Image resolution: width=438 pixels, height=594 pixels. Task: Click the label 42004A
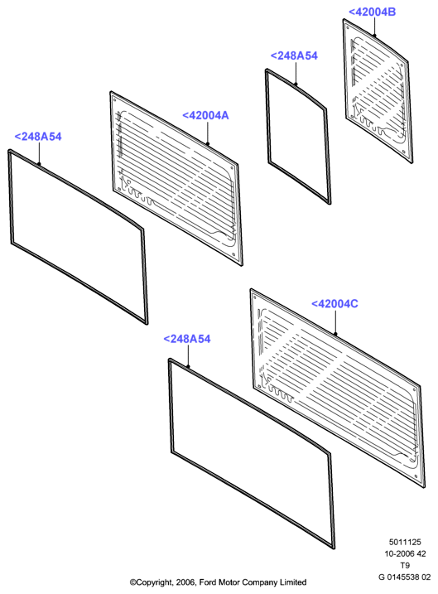point(205,115)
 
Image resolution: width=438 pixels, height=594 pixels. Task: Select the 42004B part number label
point(372,12)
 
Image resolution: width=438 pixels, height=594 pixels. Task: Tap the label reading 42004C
point(335,304)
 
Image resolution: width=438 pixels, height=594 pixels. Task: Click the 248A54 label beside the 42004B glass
point(294,56)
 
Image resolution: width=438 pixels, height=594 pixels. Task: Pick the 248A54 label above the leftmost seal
point(38,137)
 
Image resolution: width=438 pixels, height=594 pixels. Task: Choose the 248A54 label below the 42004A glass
point(187,339)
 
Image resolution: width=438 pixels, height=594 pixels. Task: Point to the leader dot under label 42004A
point(208,144)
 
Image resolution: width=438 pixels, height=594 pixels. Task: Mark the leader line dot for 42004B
point(374,36)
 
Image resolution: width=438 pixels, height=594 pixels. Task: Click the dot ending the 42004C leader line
point(335,334)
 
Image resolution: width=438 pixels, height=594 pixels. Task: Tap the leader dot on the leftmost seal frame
point(39,164)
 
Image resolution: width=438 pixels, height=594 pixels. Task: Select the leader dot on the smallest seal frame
point(296,85)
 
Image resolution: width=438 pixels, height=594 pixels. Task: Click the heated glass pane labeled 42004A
point(176,178)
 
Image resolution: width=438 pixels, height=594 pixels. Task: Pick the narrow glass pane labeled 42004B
point(378,91)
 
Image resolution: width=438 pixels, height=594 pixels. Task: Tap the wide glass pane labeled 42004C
point(337,389)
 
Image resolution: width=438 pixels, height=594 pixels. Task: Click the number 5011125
point(405,542)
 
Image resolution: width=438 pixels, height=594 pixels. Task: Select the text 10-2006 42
point(405,554)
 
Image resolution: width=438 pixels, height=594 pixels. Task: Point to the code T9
point(405,566)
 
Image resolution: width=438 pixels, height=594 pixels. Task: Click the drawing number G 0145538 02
point(404,577)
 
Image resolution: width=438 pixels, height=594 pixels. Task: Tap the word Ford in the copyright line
point(208,582)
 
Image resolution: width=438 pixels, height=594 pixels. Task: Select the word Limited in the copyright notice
point(293,582)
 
